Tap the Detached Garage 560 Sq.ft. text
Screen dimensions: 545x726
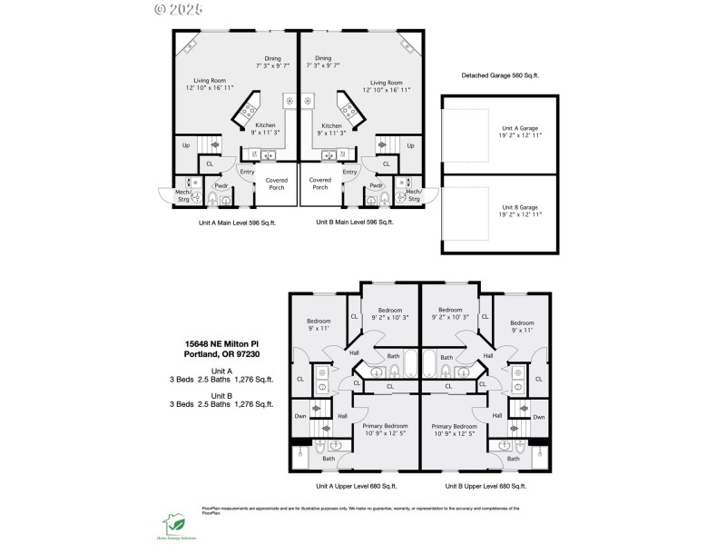coord(499,76)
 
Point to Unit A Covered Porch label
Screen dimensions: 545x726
coord(276,183)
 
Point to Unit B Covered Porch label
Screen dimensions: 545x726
coord(319,183)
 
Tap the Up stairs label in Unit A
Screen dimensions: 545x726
coord(186,145)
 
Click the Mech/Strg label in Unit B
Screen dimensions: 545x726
coord(413,194)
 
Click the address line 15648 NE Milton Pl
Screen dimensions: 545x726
coord(221,344)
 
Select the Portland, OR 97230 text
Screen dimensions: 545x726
coord(221,354)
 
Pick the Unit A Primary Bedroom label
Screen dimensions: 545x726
coord(384,430)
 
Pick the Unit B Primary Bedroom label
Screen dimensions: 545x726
coord(454,430)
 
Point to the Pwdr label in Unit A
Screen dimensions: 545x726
coord(221,186)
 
